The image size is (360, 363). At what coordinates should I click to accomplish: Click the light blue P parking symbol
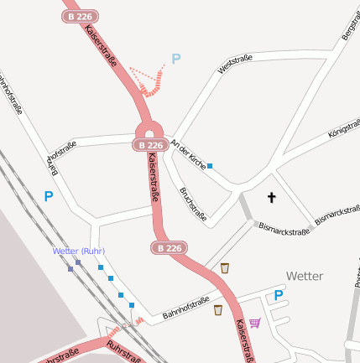click(175, 59)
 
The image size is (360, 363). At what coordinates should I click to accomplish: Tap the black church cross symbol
click(271, 198)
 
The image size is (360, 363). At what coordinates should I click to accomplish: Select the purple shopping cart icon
click(255, 322)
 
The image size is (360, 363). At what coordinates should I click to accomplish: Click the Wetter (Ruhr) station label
click(78, 251)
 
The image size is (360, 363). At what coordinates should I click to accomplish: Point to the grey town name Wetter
click(305, 276)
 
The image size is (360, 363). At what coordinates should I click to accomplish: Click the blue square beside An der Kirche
click(210, 166)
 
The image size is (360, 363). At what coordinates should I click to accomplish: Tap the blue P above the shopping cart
click(279, 296)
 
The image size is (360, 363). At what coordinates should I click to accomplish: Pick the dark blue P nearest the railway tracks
click(49, 197)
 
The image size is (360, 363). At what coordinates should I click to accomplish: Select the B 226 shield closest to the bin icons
click(168, 248)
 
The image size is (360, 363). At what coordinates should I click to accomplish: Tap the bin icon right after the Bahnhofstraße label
click(218, 310)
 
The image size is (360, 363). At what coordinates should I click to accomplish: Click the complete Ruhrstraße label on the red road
click(123, 353)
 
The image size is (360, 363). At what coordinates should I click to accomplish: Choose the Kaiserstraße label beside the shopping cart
click(242, 340)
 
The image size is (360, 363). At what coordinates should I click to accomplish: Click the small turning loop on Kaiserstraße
click(149, 130)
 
